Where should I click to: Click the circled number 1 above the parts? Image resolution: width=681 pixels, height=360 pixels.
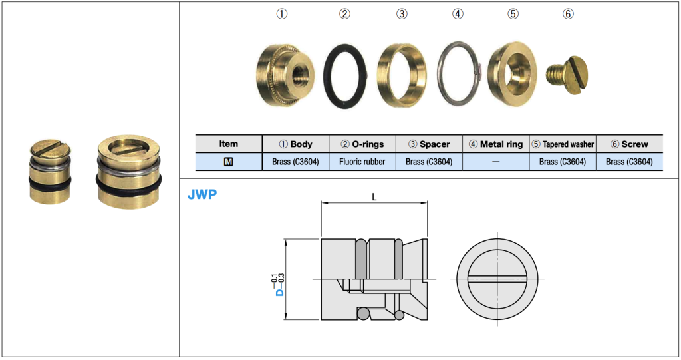[282, 14]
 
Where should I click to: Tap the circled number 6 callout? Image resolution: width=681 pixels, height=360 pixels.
[567, 14]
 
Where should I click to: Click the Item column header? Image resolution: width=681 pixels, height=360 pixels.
[228, 144]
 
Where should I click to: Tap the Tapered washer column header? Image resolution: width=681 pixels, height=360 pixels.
[562, 144]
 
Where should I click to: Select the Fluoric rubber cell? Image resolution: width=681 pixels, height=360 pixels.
[362, 161]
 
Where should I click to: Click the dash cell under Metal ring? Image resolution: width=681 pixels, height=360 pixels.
[495, 161]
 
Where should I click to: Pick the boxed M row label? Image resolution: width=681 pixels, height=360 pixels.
[228, 161]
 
